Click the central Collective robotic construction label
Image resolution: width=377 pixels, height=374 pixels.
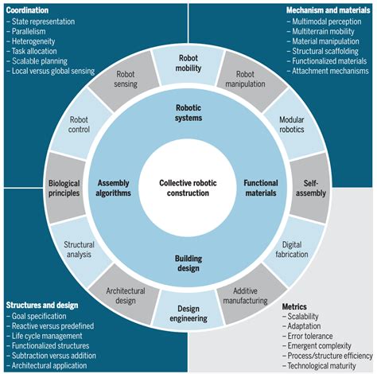(188, 187)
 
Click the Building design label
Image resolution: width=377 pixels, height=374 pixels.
(188, 263)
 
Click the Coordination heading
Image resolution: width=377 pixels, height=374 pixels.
(28, 9)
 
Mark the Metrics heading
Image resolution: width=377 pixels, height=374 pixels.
(296, 306)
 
